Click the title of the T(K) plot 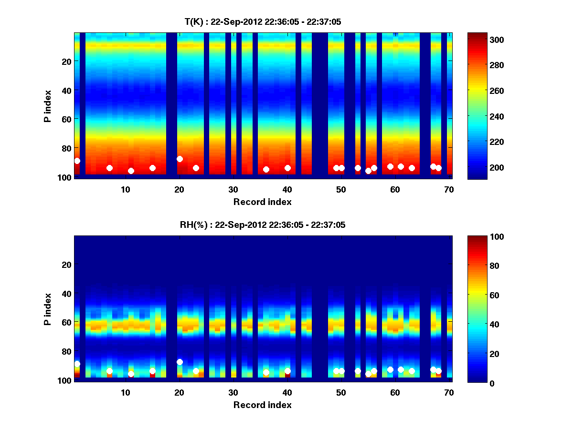point(263,21)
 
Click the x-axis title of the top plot point(263,202)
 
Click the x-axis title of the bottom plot point(263,405)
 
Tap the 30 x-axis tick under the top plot point(233,189)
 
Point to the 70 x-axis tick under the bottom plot point(449,392)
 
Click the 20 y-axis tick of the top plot point(66,61)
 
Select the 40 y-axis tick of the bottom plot point(66,294)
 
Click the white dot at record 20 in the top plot point(180,159)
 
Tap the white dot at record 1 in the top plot point(77,161)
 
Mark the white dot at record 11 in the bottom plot point(131,374)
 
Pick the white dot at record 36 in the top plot point(266,169)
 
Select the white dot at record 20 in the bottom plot point(180,362)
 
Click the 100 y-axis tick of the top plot point(64,177)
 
